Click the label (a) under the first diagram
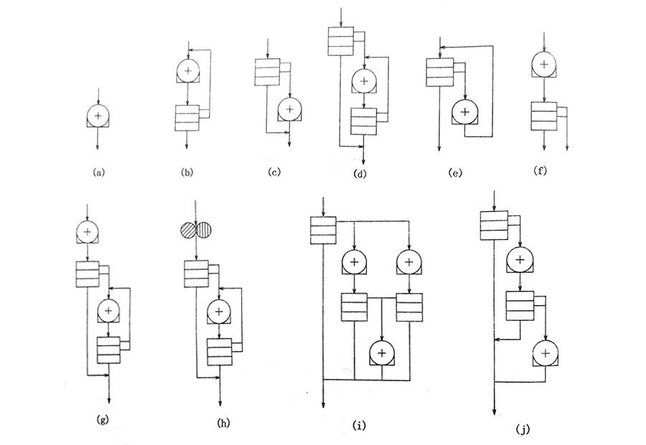(98, 173)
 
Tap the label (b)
(188, 173)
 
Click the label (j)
(523, 428)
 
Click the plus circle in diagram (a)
(98, 115)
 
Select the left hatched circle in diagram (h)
(189, 230)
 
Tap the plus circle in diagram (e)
(464, 112)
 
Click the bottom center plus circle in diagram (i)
(382, 352)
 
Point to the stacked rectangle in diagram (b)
(187, 117)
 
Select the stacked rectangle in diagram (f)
(543, 115)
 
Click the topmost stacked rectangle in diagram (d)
(340, 41)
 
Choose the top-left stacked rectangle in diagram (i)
(323, 230)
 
